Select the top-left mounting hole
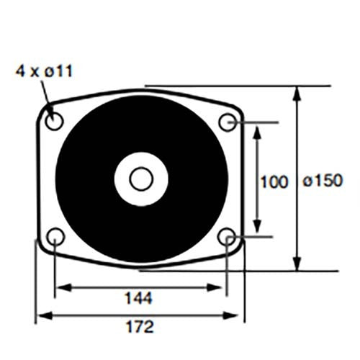coord(54,121)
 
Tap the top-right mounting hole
coord(228,122)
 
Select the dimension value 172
coord(140,327)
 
